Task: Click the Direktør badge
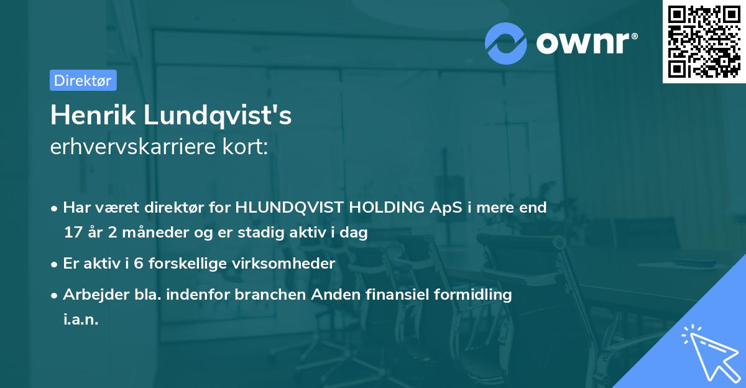click(x=83, y=80)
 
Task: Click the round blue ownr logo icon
click(x=507, y=43)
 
